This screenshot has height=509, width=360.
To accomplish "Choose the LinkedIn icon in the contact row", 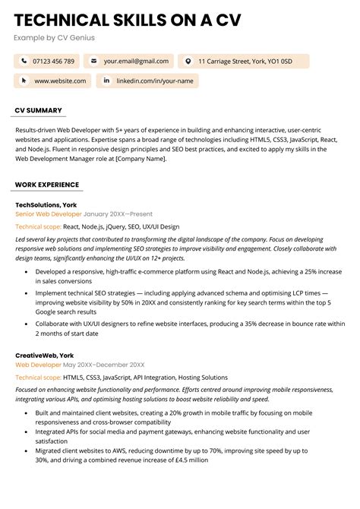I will click(x=106, y=81).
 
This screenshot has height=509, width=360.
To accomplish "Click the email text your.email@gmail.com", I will click(x=136, y=61).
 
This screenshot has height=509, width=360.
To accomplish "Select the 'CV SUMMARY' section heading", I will click(x=38, y=111).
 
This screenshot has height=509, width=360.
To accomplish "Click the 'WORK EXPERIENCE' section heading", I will click(x=46, y=185).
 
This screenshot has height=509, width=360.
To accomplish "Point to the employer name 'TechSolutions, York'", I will click(x=46, y=205).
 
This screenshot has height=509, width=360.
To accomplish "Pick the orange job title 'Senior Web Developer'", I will click(x=48, y=215).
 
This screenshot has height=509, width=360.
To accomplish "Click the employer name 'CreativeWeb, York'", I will click(x=44, y=355).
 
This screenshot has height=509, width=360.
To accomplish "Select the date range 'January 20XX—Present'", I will click(x=118, y=215).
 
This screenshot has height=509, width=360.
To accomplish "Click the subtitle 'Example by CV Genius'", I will click(x=54, y=37).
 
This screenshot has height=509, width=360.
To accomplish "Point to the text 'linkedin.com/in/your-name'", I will click(x=155, y=81).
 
